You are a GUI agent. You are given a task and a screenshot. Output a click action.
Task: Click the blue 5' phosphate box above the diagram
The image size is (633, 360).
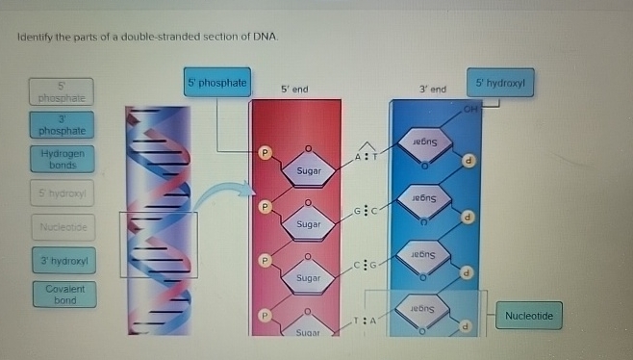coord(217,83)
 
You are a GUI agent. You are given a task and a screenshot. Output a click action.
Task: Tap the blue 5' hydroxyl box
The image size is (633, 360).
coord(499,83)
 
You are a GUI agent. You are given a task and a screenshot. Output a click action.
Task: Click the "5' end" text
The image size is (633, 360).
coord(294,90)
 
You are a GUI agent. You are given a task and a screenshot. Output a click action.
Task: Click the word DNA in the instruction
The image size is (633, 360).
coord(266,36)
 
